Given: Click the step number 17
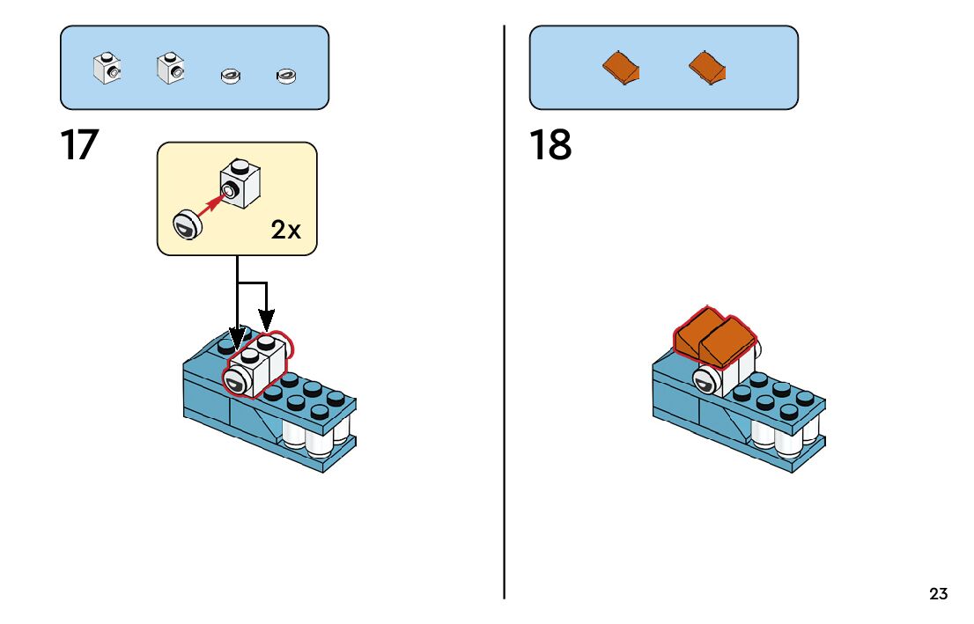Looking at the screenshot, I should click(79, 145).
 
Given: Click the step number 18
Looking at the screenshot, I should click(550, 145).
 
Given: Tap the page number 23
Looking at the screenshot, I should click(939, 594).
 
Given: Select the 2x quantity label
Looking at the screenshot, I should click(285, 231).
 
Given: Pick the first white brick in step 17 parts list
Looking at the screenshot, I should click(107, 68).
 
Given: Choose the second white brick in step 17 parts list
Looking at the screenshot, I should click(170, 68).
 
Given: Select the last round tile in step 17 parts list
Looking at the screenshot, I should click(285, 77).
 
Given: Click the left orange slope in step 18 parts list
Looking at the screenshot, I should click(622, 68).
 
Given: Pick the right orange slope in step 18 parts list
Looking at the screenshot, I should click(708, 66).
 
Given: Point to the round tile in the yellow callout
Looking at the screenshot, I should click(187, 224).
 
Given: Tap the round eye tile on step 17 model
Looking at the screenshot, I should click(237, 381).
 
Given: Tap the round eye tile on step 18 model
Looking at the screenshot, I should click(705, 381).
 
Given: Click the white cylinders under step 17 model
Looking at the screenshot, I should click(317, 437).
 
